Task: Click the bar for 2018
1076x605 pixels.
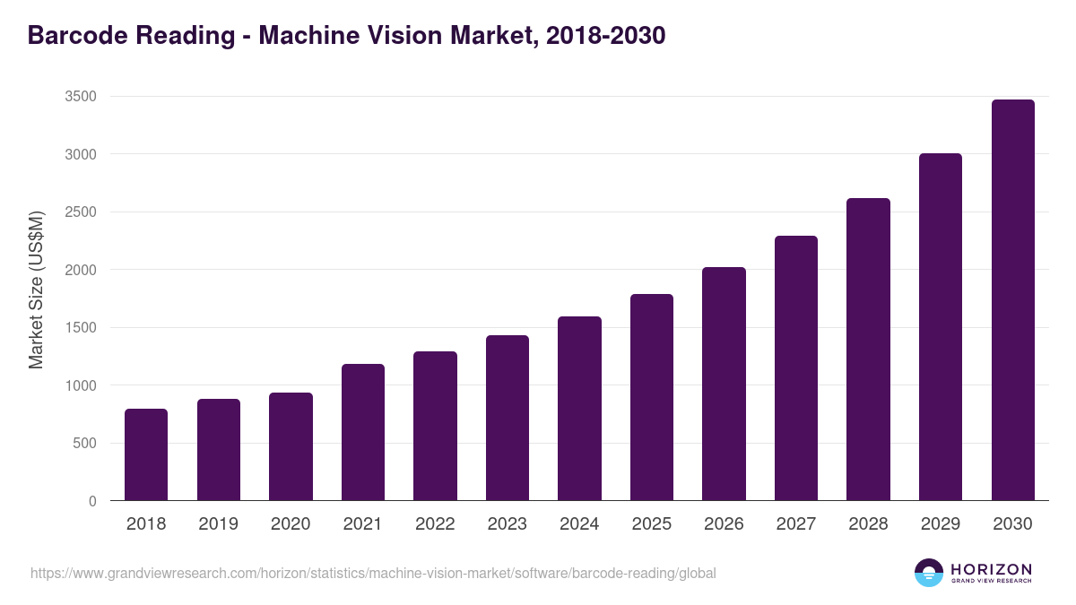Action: click(146, 454)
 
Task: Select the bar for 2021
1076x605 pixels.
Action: click(363, 432)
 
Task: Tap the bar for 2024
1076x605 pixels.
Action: click(579, 409)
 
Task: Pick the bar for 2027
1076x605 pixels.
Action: click(796, 368)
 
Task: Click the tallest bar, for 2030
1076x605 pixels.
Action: click(1012, 300)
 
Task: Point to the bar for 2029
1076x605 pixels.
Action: click(941, 327)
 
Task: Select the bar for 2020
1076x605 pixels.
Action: click(291, 446)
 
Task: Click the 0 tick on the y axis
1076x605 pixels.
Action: click(92, 501)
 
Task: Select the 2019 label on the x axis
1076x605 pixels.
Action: click(218, 524)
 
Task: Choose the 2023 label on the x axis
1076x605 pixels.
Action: click(507, 524)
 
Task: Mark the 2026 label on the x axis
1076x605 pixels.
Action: click(724, 524)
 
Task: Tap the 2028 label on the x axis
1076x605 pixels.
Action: click(868, 524)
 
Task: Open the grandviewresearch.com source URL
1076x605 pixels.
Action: click(373, 573)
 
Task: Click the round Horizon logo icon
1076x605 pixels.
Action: click(929, 573)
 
